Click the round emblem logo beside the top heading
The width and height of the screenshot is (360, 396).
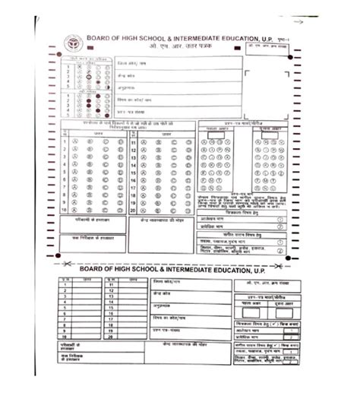(72, 42)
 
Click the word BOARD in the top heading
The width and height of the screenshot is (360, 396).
(101, 38)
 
